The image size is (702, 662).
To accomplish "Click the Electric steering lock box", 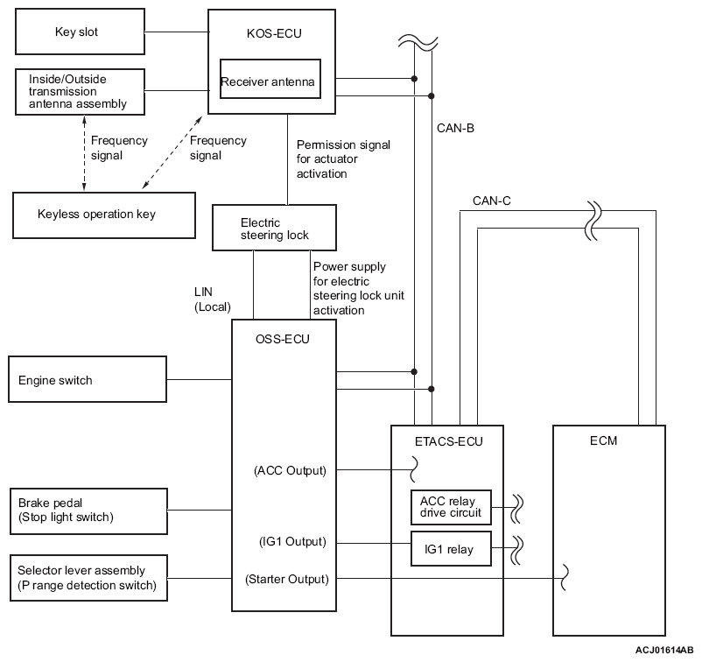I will pyautogui.click(x=274, y=229).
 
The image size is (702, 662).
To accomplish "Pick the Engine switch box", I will pyautogui.click(x=87, y=380).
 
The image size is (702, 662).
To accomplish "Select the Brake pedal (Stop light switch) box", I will pyautogui.click(x=87, y=510).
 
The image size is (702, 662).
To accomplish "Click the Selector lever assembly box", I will pyautogui.click(x=87, y=578).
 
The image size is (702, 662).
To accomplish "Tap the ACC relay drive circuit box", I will pyautogui.click(x=450, y=506).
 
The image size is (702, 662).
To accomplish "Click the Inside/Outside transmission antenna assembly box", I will pyautogui.click(x=78, y=91).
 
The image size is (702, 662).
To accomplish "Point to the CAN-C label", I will pyautogui.click(x=491, y=201).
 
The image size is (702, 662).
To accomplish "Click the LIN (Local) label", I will pyautogui.click(x=213, y=299).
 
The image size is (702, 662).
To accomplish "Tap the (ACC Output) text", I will pyautogui.click(x=290, y=470).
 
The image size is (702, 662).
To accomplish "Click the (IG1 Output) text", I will pyautogui.click(x=290, y=542).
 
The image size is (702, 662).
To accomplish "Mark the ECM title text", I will pyautogui.click(x=604, y=440).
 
